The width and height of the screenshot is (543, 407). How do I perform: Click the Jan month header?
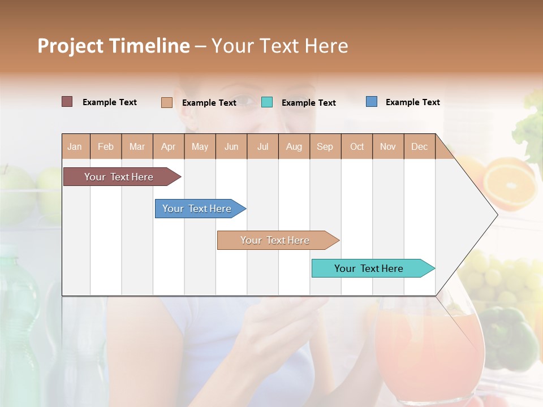tap(75, 147)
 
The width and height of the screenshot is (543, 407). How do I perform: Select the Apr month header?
tap(169, 147)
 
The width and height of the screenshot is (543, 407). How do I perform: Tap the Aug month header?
tap(294, 147)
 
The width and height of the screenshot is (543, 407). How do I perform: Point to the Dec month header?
tap(420, 147)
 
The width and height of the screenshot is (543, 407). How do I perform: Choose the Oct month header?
tap(357, 147)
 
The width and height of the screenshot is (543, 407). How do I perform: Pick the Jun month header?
tap(231, 147)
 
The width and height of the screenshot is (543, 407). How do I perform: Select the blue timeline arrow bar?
tap(198, 209)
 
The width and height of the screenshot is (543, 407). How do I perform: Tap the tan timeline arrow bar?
tap(276, 240)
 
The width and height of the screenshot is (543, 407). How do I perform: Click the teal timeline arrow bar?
tap(370, 269)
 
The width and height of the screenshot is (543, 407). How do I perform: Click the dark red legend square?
tap(67, 102)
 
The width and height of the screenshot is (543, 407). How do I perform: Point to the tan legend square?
tap(166, 102)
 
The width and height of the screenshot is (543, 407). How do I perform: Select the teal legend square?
tap(267, 102)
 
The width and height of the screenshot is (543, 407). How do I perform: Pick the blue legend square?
tap(372, 102)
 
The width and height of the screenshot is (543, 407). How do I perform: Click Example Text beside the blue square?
tap(413, 102)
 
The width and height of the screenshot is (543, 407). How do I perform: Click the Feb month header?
tap(106, 147)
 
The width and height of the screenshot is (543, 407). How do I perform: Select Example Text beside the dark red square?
tap(110, 102)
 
